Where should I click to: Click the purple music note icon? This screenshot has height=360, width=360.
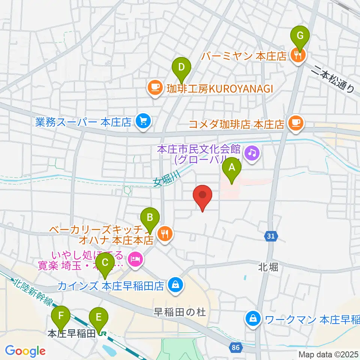click(252, 153)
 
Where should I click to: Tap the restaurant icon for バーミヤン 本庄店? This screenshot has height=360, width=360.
click(298, 55)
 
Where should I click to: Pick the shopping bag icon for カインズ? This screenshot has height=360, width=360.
click(175, 284)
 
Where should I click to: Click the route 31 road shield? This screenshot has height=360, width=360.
click(271, 235)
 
